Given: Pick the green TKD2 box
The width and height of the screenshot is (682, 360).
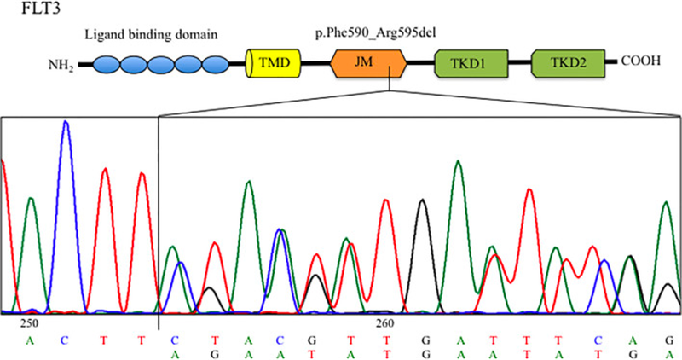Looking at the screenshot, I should pyautogui.click(x=566, y=64).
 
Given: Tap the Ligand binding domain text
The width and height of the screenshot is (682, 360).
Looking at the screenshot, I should pyautogui.click(x=151, y=34).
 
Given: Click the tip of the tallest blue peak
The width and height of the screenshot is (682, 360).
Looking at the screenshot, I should pyautogui.click(x=66, y=122).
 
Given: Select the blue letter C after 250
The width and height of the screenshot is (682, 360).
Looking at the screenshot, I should pyautogui.click(x=64, y=339).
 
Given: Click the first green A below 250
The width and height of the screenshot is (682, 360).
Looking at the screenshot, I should pyautogui.click(x=29, y=339).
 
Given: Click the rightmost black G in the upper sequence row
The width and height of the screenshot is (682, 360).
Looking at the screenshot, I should pyautogui.click(x=670, y=339).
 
